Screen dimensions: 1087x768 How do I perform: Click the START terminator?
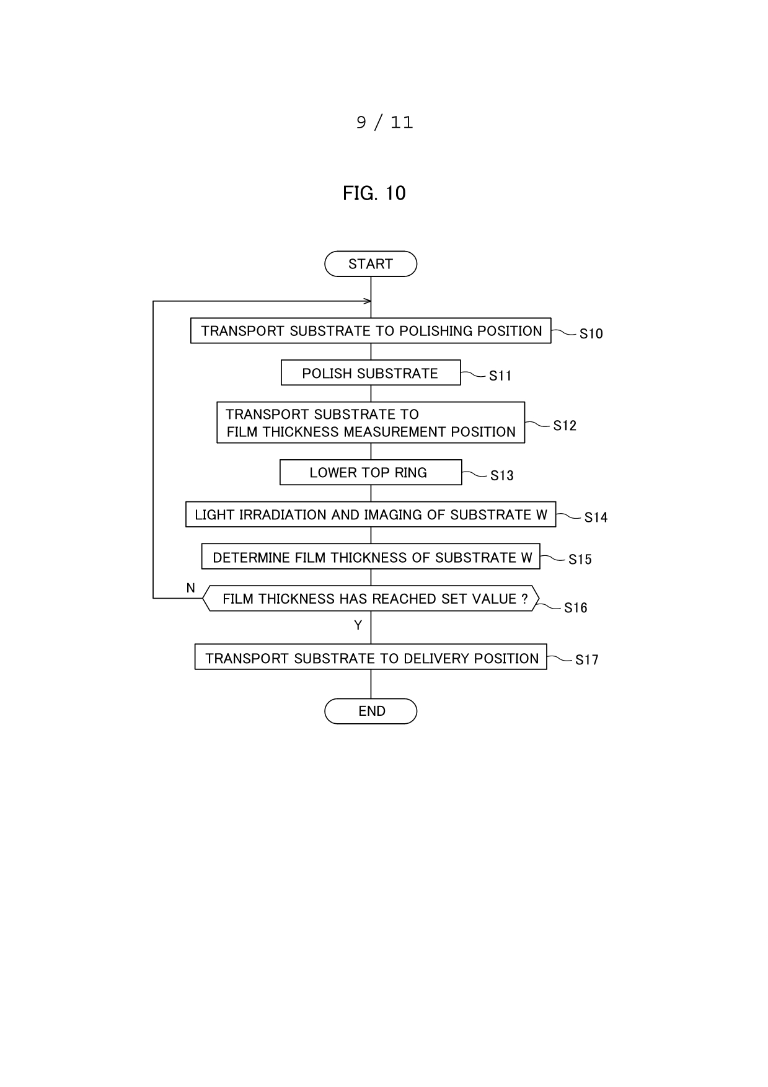coord(371,264)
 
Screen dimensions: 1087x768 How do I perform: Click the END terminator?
coord(371,711)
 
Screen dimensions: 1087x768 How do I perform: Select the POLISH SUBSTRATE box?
coord(371,372)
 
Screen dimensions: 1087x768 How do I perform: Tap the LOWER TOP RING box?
coord(371,472)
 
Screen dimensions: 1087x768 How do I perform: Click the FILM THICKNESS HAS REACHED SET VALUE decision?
coord(371,598)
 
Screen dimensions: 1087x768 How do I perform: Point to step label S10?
coord(591,334)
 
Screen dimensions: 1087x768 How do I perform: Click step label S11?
coord(500,376)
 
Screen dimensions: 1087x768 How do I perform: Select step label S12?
coord(565,426)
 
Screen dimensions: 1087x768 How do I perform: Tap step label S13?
coord(501,475)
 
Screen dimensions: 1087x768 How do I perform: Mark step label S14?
coord(596,517)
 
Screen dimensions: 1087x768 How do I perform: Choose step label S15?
coord(580,559)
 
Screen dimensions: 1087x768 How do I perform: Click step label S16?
coord(575,608)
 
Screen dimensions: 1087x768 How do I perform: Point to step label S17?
coord(586,660)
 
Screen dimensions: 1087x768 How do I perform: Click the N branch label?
coord(191,588)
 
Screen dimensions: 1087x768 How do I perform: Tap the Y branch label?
coord(358,625)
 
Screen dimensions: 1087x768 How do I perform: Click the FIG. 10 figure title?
coord(374,193)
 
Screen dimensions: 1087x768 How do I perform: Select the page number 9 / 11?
coord(384,122)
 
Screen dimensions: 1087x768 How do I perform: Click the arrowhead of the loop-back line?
coord(368,301)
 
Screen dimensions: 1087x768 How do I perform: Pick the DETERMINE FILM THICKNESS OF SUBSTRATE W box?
coord(371,557)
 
